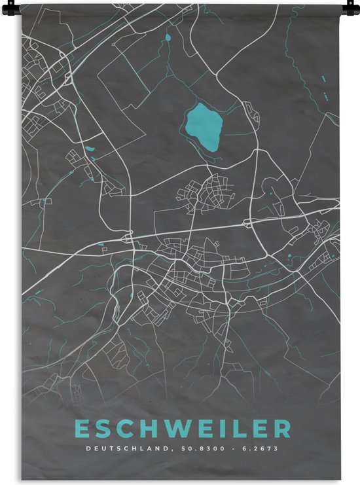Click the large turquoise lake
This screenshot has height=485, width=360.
coord(204,126)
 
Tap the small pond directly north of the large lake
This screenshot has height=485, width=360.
coord(168,38)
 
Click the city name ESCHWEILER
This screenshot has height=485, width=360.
coord(183,429)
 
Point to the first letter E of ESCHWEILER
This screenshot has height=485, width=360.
coord(83,429)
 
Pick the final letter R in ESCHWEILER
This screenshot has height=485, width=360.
coord(282,429)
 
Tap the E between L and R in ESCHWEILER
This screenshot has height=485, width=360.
coord(257,429)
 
